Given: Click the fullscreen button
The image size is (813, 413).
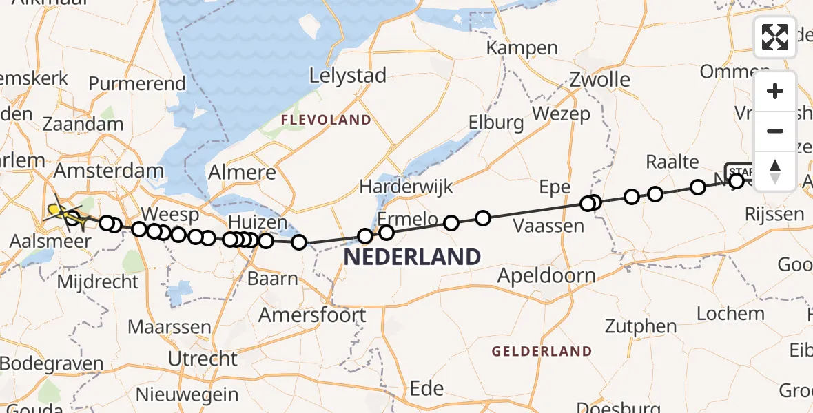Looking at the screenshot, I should coord(774,36).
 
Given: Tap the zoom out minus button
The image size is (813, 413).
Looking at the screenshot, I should coord(775,131).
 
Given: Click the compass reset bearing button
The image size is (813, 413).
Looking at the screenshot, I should coord(775,170).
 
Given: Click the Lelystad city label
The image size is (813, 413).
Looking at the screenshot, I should coord(347,76).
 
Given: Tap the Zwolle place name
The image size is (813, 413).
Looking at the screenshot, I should coord(599,79).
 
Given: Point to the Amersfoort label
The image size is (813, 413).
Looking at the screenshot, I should coord(312,315).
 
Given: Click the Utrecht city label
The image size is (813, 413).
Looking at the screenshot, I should coord(203,359).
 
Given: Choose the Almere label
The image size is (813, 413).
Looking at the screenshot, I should coord(242,172).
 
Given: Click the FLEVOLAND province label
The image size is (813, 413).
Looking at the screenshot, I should coord(325,120).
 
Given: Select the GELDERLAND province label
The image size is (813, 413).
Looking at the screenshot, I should coord(542,351).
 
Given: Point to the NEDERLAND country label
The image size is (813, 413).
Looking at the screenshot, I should coord(412,257).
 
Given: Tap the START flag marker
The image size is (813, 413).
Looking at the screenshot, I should coord(739,171).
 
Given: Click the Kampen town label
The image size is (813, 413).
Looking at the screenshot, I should coord(522,48).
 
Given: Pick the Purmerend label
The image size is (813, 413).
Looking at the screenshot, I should coord(137,84).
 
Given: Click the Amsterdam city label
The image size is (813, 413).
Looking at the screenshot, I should coord(110,170).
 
